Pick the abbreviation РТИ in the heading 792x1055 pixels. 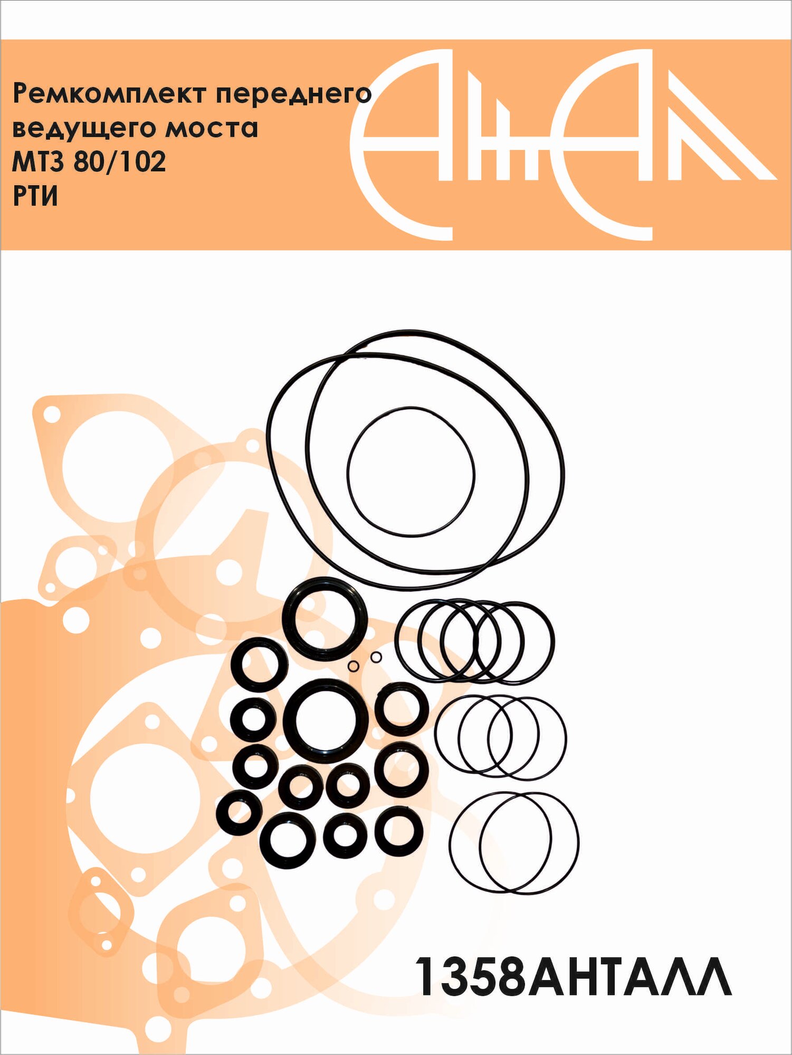[x=35, y=196]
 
